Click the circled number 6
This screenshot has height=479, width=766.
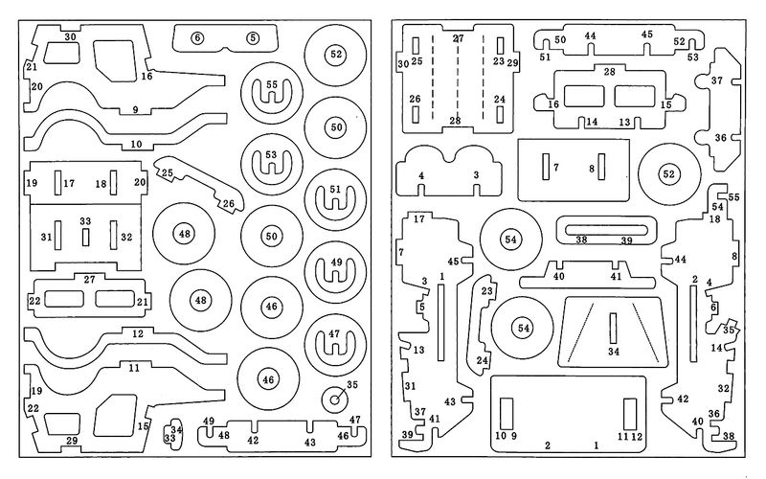(x=197, y=37)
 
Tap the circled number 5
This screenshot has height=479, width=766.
(x=253, y=37)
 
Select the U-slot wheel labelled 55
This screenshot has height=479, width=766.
(x=272, y=93)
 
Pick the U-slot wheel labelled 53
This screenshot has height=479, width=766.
(x=272, y=163)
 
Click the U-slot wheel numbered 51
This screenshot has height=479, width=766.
(x=335, y=199)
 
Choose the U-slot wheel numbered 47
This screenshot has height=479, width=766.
(x=335, y=344)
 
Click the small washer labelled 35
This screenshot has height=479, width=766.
(x=336, y=399)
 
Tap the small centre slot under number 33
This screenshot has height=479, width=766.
(x=85, y=237)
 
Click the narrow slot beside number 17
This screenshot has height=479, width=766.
(x=57, y=183)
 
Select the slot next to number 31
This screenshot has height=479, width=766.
(x=57, y=235)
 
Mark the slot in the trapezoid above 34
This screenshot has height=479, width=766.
(x=613, y=328)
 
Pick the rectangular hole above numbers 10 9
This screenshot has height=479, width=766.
(x=507, y=414)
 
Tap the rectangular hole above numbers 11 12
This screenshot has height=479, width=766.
(x=630, y=414)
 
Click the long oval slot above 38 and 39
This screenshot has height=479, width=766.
(x=605, y=230)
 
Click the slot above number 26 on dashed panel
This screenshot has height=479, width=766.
(x=416, y=115)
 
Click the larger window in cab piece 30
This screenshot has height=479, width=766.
(x=115, y=59)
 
